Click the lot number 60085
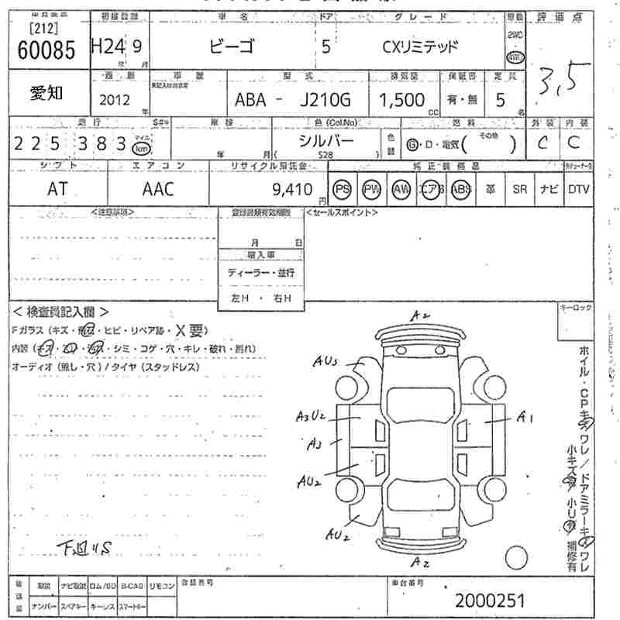46,51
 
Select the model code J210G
325,100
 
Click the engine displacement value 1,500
401,100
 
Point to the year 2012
115,101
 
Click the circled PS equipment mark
341,190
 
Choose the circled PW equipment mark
371,190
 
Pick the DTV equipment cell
578,190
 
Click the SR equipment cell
519,190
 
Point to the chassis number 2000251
490,600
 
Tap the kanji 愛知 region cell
47,93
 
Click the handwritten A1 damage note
526,418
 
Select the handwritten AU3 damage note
326,361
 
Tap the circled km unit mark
141,148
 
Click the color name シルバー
326,141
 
